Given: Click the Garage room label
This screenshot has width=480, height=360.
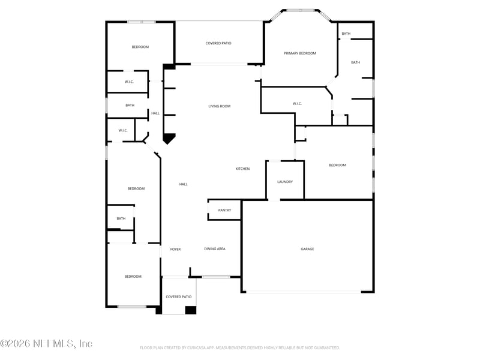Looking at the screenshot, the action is click(307, 249).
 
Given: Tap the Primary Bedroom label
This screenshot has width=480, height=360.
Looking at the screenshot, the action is click(299, 53).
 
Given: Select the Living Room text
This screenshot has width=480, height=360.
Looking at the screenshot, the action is click(219, 106).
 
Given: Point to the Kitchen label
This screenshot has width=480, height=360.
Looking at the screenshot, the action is click(242, 169).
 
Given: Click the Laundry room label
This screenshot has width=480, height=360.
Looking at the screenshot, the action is click(285, 182).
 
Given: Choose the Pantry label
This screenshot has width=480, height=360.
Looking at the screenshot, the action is click(224, 211).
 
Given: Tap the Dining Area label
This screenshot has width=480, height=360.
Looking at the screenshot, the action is click(215, 249).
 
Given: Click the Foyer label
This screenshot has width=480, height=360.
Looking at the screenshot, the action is click(175, 250).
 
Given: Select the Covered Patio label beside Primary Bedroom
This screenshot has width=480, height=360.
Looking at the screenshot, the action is click(218, 43).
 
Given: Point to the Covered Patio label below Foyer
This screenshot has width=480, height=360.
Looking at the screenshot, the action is click(178, 297).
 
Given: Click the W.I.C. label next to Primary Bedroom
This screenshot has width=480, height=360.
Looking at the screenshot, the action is click(297, 104).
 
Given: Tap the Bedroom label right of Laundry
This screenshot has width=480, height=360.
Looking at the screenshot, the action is click(337, 166).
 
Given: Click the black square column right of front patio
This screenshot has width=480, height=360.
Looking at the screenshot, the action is click(191, 310).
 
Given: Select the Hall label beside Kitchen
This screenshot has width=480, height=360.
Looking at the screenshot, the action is click(184, 184).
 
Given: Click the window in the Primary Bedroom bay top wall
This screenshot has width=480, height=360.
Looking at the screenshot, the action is click(301, 10).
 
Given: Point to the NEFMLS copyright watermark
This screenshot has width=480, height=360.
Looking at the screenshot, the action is click(46, 344).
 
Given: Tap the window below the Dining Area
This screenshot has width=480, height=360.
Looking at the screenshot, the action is click(216, 277).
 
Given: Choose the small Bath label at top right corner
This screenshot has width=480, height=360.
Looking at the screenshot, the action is click(346, 34).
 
